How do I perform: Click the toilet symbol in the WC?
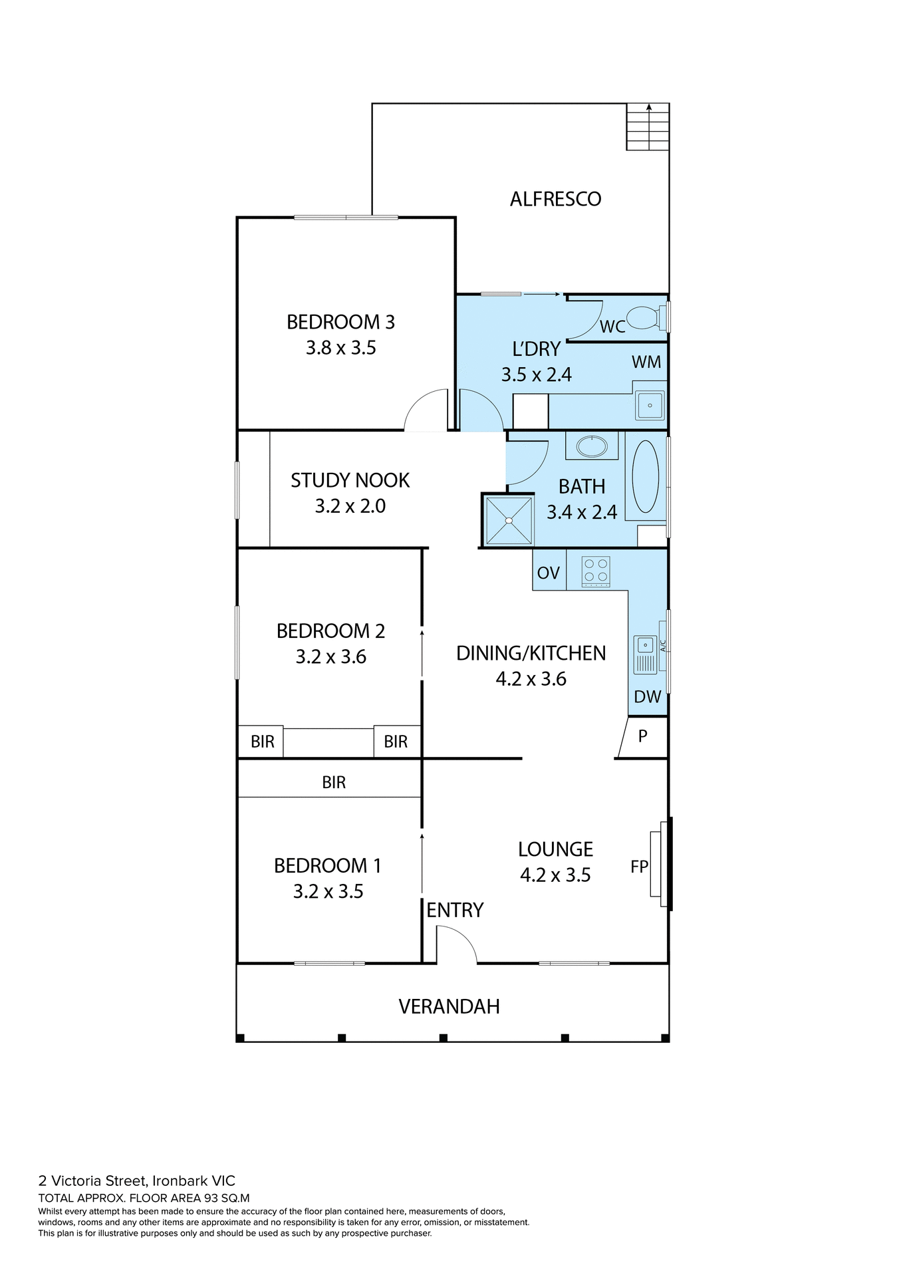pos(642,317)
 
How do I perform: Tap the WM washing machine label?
pos(646,362)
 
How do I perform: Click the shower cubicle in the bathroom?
pos(509,520)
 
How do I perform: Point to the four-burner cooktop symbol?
pos(595,571)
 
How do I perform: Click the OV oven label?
pos(548,573)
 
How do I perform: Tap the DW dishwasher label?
pos(647,696)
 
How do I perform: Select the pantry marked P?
pos(642,736)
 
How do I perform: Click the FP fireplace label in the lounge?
pos(639,867)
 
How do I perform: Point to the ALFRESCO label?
pos(555,199)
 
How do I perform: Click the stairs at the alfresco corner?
pos(647,127)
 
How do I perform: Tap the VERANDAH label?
pos(449,1006)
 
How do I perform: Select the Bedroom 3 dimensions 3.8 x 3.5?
pos(340,348)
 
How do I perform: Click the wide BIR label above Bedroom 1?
pos(333,782)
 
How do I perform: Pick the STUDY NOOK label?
pos(350,480)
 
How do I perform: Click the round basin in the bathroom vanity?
pos(591,446)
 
